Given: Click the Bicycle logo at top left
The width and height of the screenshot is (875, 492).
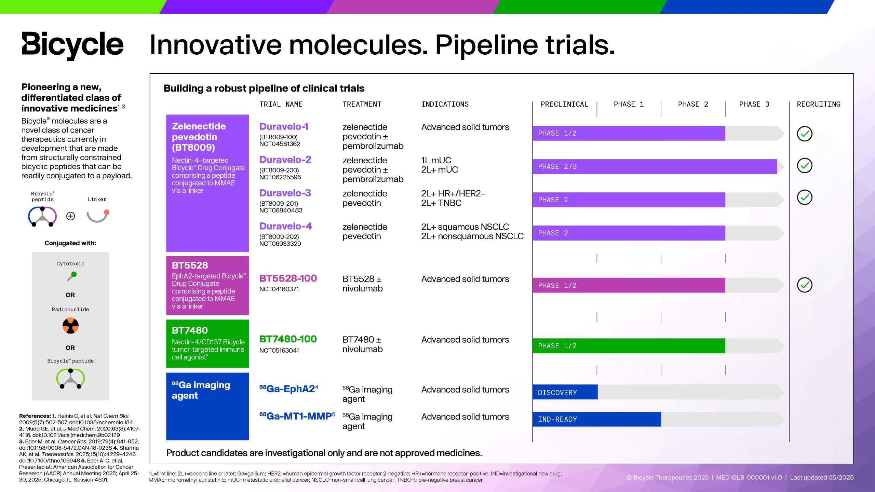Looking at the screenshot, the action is click(72, 45).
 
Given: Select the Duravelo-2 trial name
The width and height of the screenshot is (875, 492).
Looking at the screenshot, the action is click(285, 160).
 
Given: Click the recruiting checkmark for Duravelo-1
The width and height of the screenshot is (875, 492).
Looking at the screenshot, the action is click(805, 134).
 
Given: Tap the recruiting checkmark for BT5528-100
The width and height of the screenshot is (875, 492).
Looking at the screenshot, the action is click(805, 285).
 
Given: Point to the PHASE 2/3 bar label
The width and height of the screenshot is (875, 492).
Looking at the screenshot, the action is click(557, 166).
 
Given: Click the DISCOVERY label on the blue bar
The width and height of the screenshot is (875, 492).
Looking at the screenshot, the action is click(557, 393).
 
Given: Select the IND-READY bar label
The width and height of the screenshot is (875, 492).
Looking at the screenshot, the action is click(557, 419).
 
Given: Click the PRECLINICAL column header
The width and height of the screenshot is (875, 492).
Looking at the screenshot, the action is click(564, 104).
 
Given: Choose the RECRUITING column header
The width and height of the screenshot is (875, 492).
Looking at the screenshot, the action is click(819, 104).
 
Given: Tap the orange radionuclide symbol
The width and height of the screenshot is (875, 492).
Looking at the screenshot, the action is click(70, 326).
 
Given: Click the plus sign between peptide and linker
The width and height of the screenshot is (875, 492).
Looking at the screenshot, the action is click(70, 216).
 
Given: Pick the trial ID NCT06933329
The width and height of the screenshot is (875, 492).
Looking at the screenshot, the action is click(280, 244).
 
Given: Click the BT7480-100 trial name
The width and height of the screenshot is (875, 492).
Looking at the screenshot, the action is click(288, 339).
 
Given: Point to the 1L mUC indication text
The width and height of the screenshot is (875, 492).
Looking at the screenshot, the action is click(436, 160).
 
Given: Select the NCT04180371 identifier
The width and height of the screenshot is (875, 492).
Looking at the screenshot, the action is click(279, 289).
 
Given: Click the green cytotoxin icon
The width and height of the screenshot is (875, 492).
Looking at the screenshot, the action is click(72, 276).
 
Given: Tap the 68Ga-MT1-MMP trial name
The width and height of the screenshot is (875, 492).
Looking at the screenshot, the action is click(297, 416).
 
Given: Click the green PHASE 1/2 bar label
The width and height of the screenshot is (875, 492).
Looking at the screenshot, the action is click(557, 346).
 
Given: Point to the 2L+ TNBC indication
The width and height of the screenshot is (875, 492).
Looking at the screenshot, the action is click(441, 203).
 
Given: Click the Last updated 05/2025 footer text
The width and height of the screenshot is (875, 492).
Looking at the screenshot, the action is click(822, 477).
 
